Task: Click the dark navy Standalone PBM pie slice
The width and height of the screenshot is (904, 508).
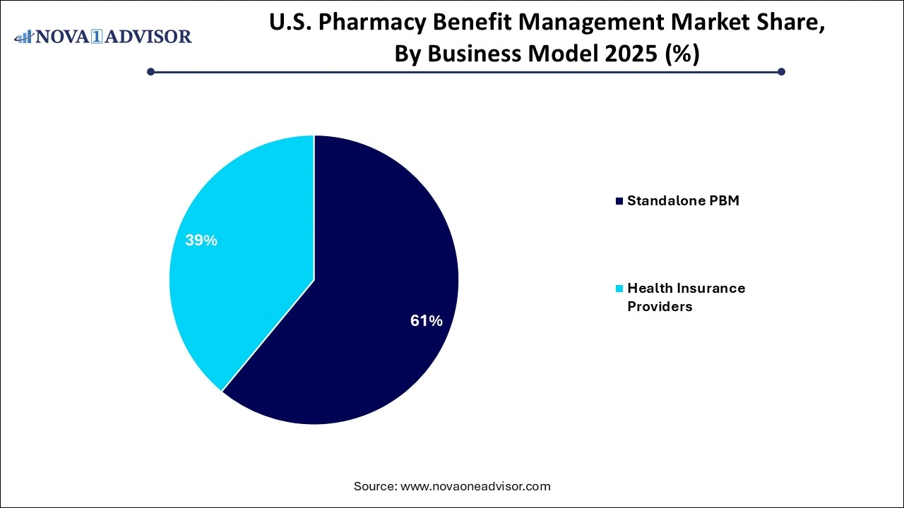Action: click(374, 296)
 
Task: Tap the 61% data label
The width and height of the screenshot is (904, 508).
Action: click(427, 321)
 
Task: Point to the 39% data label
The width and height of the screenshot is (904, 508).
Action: click(201, 241)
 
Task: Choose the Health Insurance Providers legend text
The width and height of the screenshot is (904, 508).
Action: click(686, 297)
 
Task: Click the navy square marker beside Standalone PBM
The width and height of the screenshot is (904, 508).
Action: click(620, 201)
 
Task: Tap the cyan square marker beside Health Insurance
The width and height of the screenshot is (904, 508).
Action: click(620, 289)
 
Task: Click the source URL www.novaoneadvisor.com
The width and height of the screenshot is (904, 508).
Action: click(475, 486)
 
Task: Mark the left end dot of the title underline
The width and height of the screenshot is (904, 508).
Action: click(150, 71)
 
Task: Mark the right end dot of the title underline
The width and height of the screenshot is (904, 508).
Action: click(781, 71)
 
